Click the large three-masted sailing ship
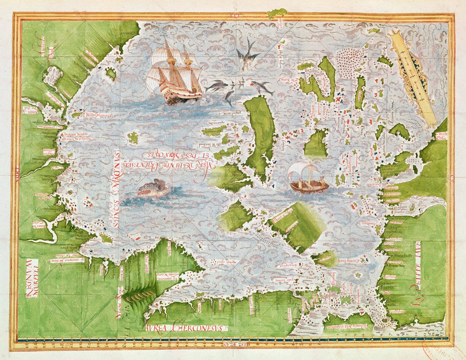(175, 75)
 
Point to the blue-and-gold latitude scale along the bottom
(233, 343)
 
